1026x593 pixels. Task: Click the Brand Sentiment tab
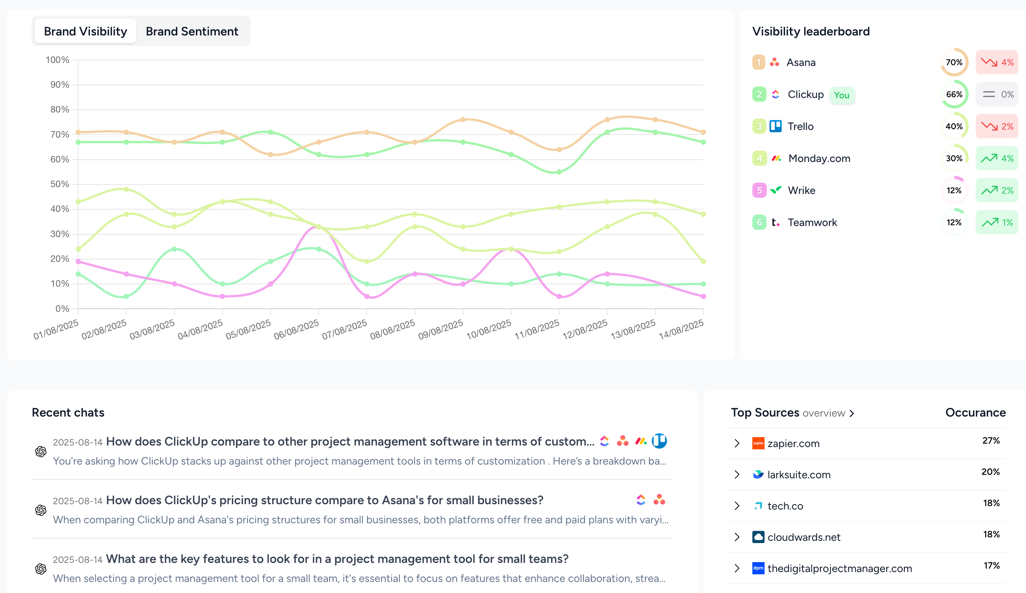point(192,31)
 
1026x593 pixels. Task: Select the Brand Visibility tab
point(85,31)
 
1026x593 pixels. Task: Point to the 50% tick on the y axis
point(59,184)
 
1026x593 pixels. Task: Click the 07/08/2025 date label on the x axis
point(345,329)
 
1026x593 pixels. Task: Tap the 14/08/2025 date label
point(681,329)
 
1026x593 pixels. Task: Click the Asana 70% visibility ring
point(954,62)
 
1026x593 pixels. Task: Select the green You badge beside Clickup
point(842,95)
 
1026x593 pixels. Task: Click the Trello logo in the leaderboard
point(775,126)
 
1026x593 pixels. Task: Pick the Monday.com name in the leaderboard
point(819,158)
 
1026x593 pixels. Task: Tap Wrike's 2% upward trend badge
point(997,191)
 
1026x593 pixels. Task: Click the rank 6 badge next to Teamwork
point(759,222)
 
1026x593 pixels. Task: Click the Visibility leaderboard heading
point(811,31)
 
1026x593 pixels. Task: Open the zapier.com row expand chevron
point(737,443)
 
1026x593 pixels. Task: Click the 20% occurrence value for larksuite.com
point(990,472)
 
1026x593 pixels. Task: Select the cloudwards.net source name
point(804,537)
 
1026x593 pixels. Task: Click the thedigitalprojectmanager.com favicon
point(758,568)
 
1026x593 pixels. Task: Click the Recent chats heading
point(68,412)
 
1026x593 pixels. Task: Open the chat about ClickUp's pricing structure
point(324,500)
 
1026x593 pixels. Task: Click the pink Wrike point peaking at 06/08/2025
point(318,227)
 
